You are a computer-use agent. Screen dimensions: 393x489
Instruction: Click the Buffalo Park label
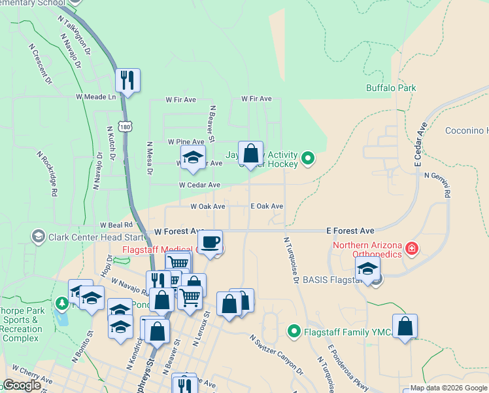pos(391,88)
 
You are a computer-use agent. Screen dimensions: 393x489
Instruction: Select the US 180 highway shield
pos(126,125)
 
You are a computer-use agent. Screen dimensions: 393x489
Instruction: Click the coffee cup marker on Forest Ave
pos(210,242)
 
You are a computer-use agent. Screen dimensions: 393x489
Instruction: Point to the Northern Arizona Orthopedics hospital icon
pos(411,248)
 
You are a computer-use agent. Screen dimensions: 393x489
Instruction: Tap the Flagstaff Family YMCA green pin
pos(294,332)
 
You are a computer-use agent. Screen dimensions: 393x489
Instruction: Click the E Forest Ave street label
pos(350,231)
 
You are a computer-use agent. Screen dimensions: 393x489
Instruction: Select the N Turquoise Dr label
pos(291,260)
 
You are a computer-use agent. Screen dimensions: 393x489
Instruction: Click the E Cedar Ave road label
pos(420,142)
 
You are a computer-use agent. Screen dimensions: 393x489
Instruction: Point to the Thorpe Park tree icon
pos(62,304)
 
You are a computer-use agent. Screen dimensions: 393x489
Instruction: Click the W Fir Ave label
pos(181,100)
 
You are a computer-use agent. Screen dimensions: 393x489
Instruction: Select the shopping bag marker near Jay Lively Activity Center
pos(250,154)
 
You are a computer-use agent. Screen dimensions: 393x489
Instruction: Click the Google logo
pos(22,385)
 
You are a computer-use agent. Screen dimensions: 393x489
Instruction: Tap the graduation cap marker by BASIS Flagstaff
pos(367,269)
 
